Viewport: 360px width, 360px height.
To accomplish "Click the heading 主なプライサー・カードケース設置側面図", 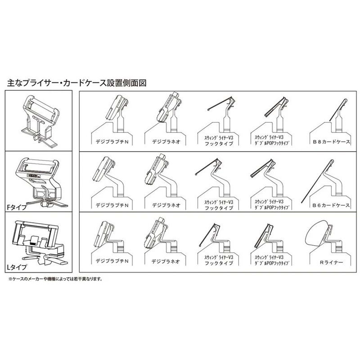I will (x=77, y=83).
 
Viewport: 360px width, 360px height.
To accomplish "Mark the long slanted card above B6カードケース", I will (x=317, y=180).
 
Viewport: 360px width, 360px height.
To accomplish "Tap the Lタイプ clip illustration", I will (x=38, y=243).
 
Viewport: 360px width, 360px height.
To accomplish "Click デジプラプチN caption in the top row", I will (x=112, y=140).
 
